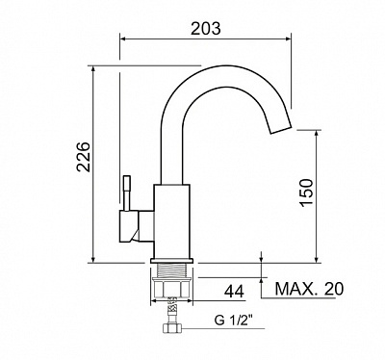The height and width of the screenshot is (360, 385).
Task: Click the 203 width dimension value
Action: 206,28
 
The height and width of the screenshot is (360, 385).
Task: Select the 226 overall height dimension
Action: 84,157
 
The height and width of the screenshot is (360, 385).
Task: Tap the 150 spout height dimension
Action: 306,193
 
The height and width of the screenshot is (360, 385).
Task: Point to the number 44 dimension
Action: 234,292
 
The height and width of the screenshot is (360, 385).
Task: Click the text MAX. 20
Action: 309,289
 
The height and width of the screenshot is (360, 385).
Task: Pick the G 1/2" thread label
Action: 234,321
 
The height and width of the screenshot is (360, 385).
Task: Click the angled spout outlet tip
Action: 281,128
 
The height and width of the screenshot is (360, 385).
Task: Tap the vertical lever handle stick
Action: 127,193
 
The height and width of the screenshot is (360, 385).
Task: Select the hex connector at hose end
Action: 172,328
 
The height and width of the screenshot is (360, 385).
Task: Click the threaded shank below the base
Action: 171,271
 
